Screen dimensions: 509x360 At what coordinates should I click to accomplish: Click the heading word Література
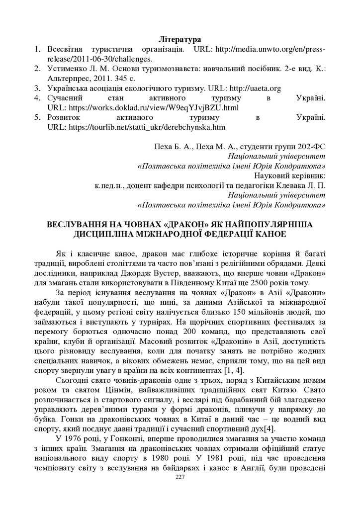coord(180,38)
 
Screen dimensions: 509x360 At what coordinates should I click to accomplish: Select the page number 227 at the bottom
coord(180,477)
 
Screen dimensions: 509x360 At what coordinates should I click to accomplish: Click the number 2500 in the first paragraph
coord(267,283)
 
